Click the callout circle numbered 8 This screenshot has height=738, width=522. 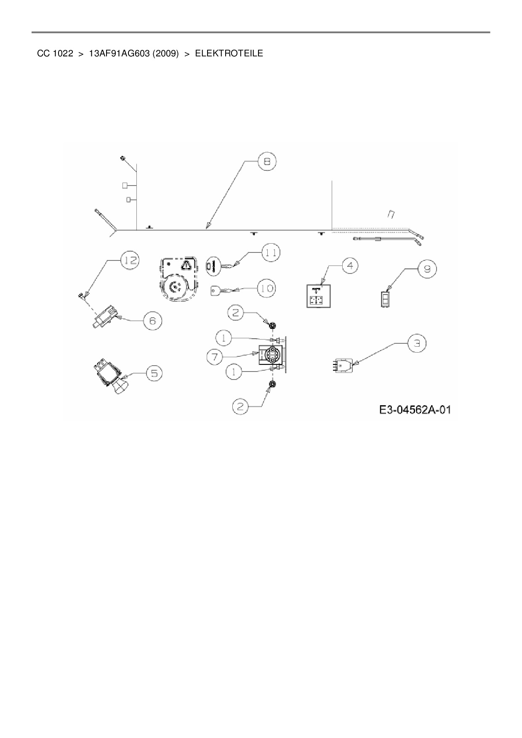click(x=267, y=162)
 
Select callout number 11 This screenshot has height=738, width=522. click(x=271, y=252)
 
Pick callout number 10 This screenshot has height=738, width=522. click(x=266, y=288)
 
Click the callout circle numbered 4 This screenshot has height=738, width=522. click(x=350, y=266)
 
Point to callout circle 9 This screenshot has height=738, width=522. click(x=427, y=268)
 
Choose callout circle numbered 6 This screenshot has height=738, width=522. click(x=152, y=321)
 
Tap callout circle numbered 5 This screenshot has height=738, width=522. click(x=154, y=373)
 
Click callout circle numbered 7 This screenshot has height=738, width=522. click(x=215, y=357)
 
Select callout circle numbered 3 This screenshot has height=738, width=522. click(x=416, y=343)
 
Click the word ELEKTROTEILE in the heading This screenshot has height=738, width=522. click(x=229, y=53)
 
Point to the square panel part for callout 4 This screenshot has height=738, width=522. click(x=319, y=296)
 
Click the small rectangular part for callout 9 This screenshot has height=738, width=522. click(x=385, y=299)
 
